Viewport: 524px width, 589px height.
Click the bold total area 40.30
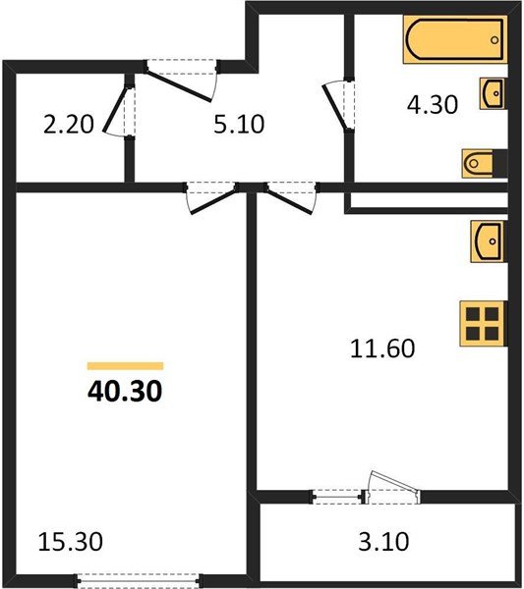point(125,392)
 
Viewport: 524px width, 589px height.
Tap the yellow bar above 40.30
point(125,364)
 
